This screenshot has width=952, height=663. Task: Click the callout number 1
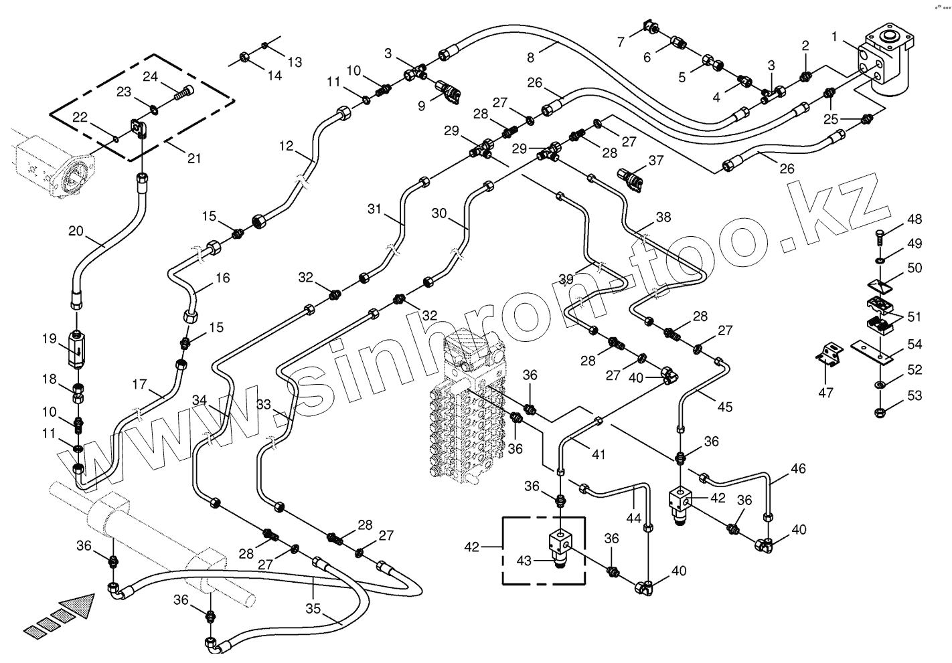[x=834, y=35]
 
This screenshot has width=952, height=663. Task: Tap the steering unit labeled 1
[x=884, y=60]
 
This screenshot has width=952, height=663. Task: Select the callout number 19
[x=50, y=339]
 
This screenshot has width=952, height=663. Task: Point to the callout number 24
[x=149, y=77]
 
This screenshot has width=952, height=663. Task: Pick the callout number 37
[x=655, y=161]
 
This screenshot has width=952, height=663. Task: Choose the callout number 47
[x=826, y=393]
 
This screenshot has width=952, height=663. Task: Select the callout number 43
[x=524, y=561]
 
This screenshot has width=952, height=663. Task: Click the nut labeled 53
[x=880, y=411]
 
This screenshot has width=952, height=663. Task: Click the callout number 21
[x=194, y=159]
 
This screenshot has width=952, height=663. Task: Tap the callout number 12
[x=287, y=146]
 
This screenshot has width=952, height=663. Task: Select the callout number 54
[x=915, y=345]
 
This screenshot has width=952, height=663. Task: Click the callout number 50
[x=915, y=268]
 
